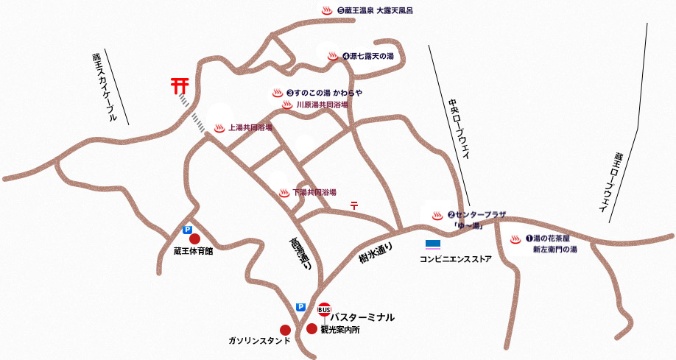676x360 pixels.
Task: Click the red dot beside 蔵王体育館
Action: click(194, 239)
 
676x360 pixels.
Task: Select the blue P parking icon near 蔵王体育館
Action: click(187, 230)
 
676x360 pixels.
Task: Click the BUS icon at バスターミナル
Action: click(324, 308)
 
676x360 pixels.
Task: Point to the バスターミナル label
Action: click(362, 317)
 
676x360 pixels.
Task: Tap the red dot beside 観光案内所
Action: click(311, 329)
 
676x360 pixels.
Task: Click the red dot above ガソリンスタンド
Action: click(285, 330)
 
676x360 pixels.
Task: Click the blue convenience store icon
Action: click(433, 244)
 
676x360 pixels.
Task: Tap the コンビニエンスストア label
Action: click(455, 259)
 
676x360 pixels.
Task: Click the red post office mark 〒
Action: click(354, 206)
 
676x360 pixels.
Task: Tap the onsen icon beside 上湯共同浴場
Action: click(219, 128)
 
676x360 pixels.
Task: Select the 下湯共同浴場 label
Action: click(314, 192)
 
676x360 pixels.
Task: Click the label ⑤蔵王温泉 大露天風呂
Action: click(376, 11)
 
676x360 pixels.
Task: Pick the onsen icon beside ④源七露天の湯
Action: click(332, 56)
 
